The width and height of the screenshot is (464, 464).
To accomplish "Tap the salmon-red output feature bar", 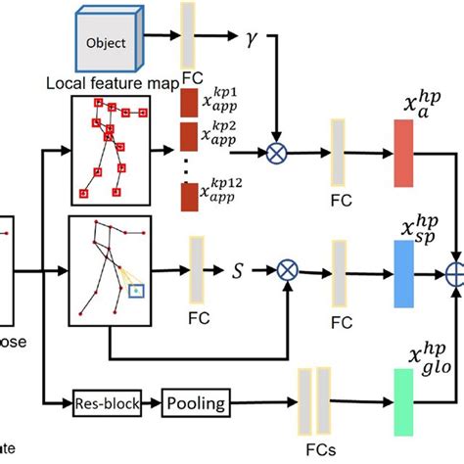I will click(405, 154).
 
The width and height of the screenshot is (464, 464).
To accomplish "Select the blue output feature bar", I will click(405, 267).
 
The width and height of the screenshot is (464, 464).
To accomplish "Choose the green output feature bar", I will click(405, 401).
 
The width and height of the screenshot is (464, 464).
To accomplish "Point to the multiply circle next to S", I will click(286, 267).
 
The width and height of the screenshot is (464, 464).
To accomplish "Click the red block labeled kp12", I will click(190, 197).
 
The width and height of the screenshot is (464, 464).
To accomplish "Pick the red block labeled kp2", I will click(190, 136).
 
